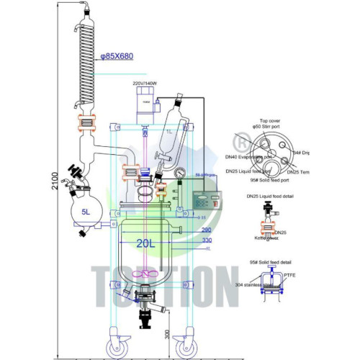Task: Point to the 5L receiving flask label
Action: click(x=85, y=212)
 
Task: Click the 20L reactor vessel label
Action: click(x=144, y=243)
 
